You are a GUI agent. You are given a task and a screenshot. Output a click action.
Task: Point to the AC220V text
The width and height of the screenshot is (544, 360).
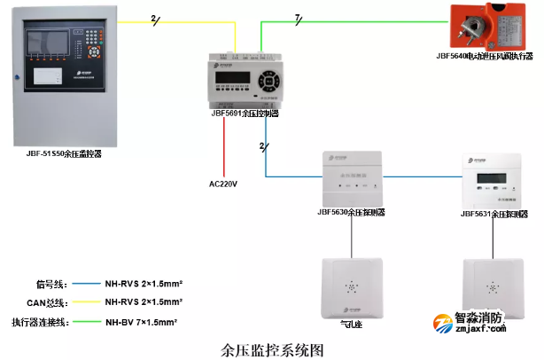(223, 184)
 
